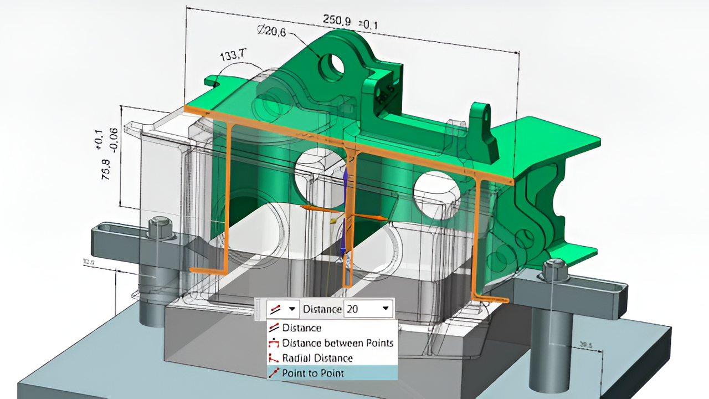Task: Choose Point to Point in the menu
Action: (312, 373)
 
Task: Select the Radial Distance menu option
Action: (317, 358)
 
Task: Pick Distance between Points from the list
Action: (337, 343)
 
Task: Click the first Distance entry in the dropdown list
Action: (301, 328)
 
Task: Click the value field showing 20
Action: (360, 309)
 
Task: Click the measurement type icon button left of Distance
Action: (282, 309)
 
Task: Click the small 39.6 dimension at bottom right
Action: (583, 345)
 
